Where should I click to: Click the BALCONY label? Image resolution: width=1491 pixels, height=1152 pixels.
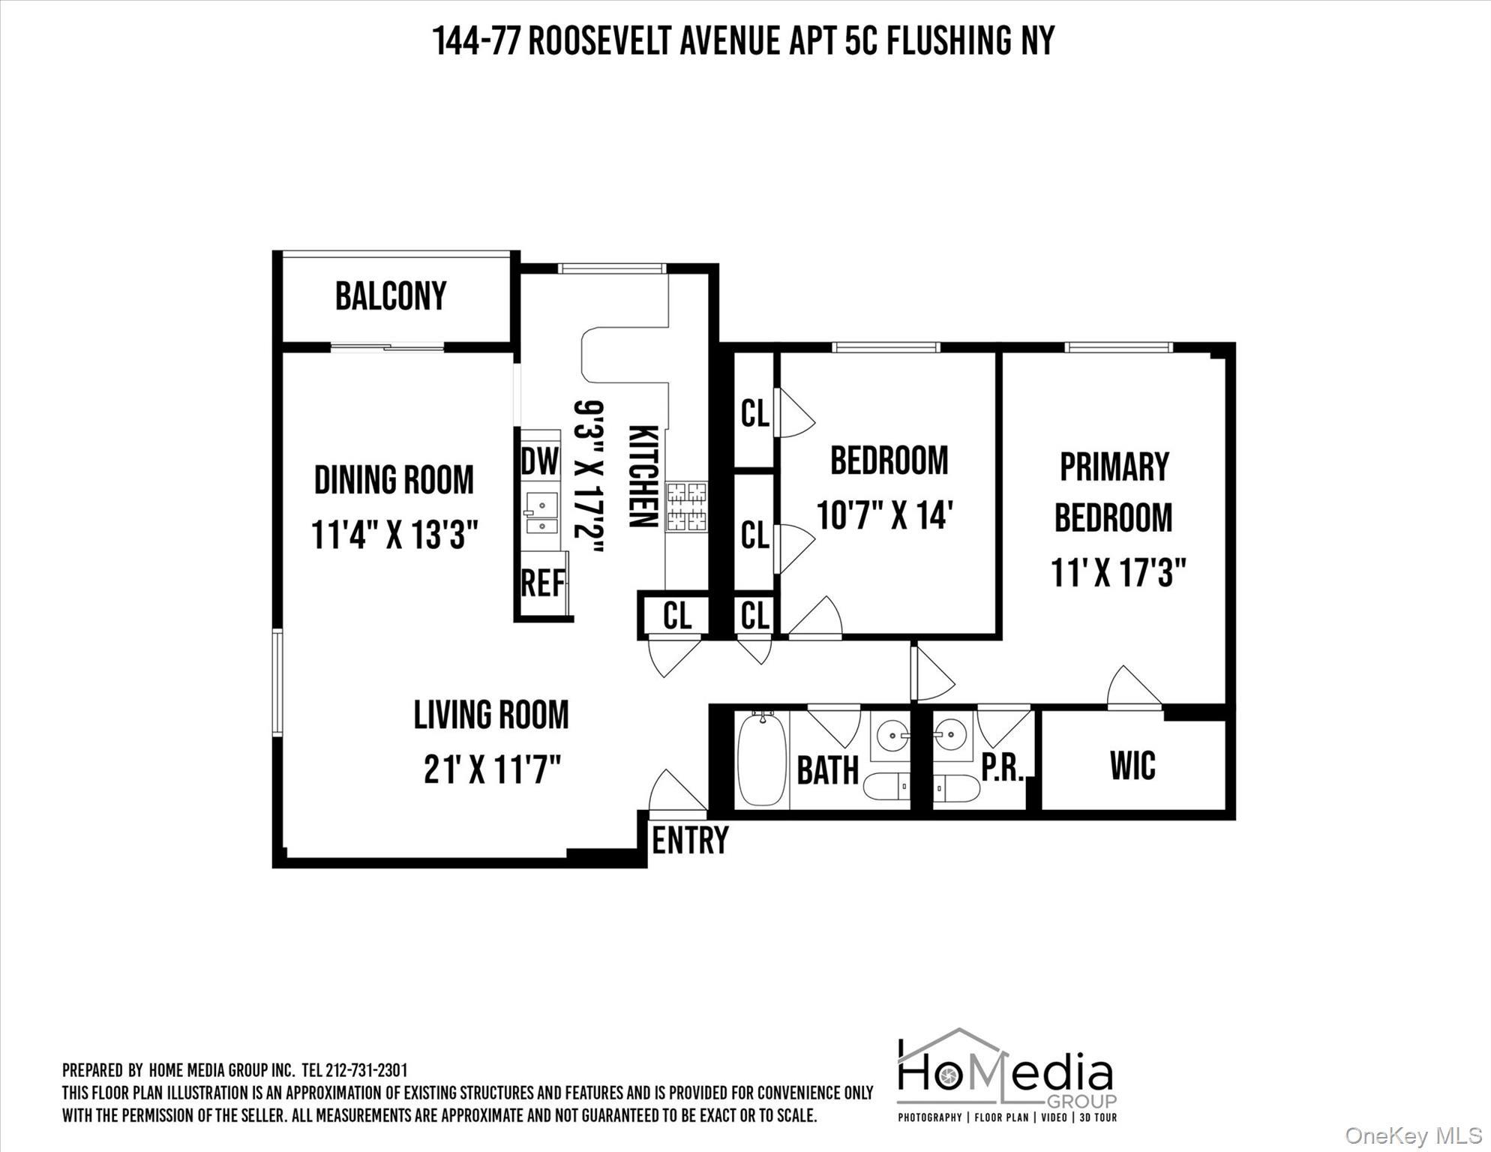[391, 295]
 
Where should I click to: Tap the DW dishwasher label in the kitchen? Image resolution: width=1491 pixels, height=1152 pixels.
[540, 460]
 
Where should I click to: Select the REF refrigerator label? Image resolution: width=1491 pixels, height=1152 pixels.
[543, 583]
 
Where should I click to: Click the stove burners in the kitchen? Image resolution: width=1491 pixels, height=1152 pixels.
[687, 506]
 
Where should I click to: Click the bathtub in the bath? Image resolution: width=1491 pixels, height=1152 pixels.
[762, 760]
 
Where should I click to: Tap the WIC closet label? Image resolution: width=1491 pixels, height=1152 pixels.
[1132, 765]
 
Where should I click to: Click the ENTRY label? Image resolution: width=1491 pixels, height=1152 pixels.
[690, 840]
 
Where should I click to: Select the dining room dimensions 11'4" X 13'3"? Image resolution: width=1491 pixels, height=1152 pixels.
[394, 535]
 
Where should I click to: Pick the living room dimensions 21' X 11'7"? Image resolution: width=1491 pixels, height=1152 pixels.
[492, 769]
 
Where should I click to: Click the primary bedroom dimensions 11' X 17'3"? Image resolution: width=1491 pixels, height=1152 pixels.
[1117, 574]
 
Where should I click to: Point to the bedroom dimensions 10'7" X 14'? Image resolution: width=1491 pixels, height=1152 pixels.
[884, 516]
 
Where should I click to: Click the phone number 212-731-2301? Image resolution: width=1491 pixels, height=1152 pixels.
[367, 1070]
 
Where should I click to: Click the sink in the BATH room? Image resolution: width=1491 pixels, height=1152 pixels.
[891, 733]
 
